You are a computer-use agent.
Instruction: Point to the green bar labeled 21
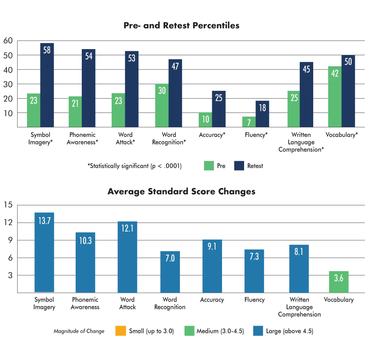click(75, 111)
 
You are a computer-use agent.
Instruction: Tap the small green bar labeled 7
click(249, 122)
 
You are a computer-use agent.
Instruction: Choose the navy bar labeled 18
click(263, 114)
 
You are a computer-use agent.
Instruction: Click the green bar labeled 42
click(334, 97)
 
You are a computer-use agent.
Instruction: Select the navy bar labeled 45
click(306, 94)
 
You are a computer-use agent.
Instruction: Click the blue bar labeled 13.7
click(44, 252)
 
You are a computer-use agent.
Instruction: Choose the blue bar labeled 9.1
click(212, 266)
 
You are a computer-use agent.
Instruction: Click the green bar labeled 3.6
click(339, 281)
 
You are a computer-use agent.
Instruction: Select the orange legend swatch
click(121, 331)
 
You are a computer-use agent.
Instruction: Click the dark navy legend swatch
click(239, 166)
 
